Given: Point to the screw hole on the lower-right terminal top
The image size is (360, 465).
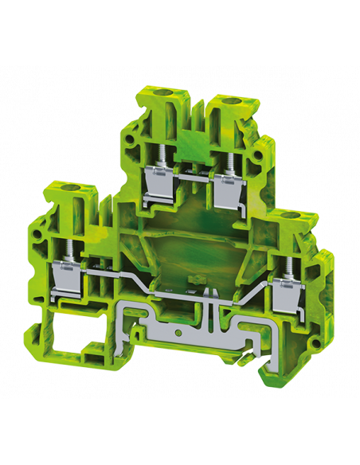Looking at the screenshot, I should [305, 217].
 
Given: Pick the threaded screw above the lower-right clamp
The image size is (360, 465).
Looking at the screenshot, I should [285, 267].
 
